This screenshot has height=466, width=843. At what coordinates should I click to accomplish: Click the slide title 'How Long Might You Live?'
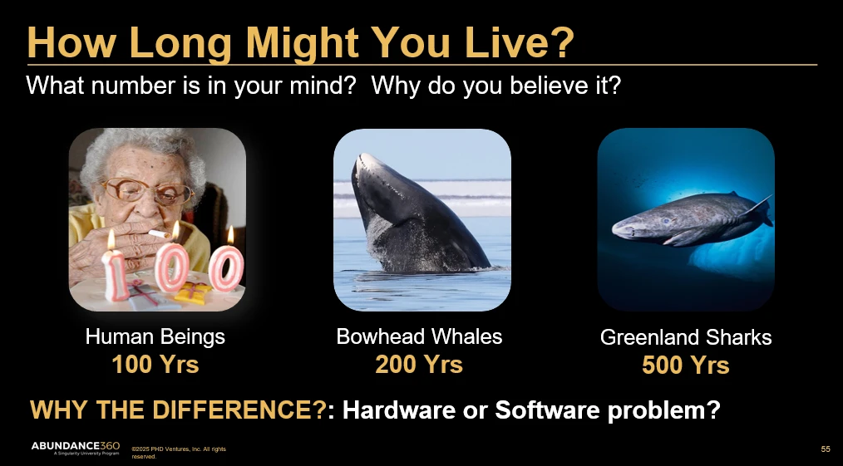[x=300, y=42]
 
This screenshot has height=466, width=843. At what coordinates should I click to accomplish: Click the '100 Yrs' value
[x=155, y=365]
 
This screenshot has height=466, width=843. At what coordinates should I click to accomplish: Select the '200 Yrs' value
[x=419, y=365]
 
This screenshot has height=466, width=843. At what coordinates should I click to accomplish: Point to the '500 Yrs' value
[x=686, y=365]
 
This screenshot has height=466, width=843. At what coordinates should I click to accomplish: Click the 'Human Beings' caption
[x=155, y=337]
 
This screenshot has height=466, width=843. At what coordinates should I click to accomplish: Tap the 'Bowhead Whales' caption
[x=419, y=336]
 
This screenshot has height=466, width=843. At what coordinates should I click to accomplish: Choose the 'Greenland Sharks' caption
[x=686, y=338]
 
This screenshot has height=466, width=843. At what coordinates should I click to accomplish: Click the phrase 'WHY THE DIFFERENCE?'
[x=178, y=410]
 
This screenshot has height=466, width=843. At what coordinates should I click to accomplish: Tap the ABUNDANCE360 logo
[x=76, y=448]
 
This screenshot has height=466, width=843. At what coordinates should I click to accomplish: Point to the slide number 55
[x=826, y=449]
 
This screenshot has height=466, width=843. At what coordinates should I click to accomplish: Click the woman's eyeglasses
[x=147, y=190]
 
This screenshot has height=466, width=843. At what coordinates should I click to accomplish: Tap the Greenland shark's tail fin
[x=759, y=209]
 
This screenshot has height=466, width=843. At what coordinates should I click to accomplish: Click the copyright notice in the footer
[x=179, y=453]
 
